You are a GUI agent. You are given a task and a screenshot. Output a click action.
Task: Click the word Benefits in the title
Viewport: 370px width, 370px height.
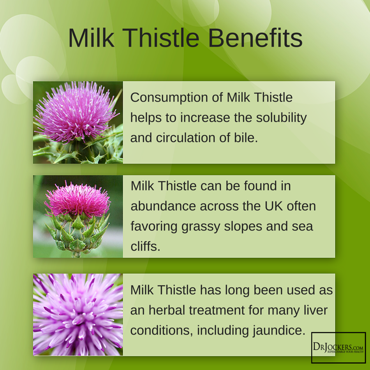click(255, 38)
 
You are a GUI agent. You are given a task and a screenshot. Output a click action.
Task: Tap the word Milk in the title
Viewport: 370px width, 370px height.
click(91, 38)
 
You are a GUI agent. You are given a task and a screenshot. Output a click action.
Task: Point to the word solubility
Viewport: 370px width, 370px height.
click(281, 118)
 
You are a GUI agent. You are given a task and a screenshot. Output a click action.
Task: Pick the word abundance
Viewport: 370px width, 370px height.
click(163, 206)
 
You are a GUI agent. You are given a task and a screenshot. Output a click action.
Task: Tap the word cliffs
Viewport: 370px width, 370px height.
click(146, 246)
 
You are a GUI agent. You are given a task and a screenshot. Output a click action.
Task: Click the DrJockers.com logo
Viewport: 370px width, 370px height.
click(338, 347)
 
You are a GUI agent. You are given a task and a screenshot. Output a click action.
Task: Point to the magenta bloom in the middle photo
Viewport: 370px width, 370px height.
click(77, 200)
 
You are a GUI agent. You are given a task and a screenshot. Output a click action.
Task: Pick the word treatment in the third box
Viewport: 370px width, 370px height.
click(217, 310)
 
